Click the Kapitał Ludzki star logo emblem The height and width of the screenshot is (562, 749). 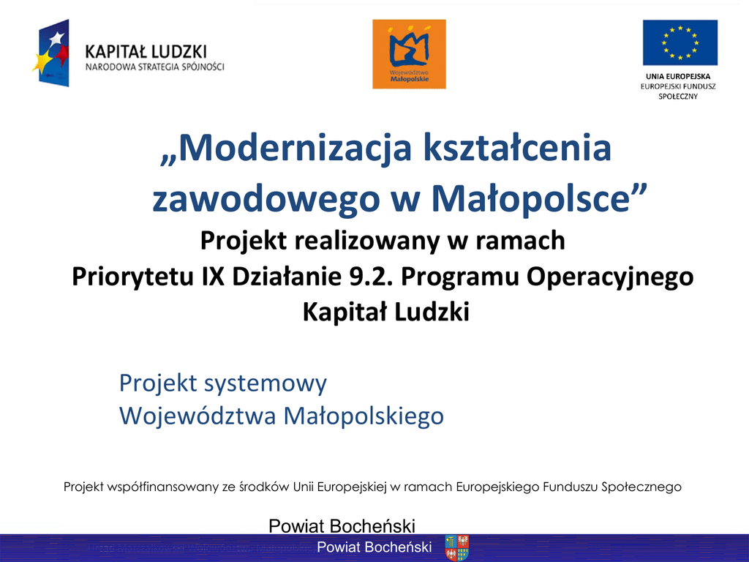pos(52,53)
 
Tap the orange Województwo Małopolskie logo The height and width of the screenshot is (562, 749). pos(409,54)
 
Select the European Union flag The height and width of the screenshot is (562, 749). pos(680,42)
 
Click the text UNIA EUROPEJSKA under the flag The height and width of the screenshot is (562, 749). pos(678,76)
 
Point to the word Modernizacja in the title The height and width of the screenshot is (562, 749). pos(286,148)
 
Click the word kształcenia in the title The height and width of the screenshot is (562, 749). pos(517,148)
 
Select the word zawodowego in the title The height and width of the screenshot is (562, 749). pos(266,199)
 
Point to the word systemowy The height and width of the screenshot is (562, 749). pos(266,383)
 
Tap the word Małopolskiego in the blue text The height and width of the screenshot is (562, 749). pos(364,416)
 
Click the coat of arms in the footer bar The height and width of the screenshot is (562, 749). pos(456,547)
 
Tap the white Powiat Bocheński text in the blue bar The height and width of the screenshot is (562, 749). pos(374,547)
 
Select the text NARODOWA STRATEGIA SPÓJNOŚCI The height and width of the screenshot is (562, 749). pos(155,67)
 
